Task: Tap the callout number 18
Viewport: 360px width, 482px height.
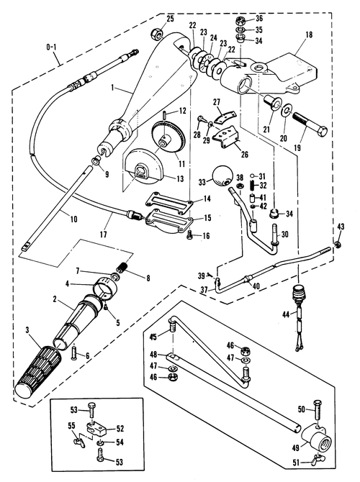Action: pyautogui.click(x=309, y=35)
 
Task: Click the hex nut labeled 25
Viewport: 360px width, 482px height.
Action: pyautogui.click(x=156, y=33)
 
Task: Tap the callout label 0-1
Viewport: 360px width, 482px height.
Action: pyautogui.click(x=51, y=47)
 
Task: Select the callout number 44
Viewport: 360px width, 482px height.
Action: pyautogui.click(x=286, y=314)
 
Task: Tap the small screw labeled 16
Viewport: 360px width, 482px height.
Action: pyautogui.click(x=189, y=235)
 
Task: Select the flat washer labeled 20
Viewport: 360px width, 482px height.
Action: pyautogui.click(x=287, y=110)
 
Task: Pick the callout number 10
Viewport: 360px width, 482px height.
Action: pyautogui.click(x=73, y=219)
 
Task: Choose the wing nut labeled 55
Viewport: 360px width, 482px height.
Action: pyautogui.click(x=79, y=442)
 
